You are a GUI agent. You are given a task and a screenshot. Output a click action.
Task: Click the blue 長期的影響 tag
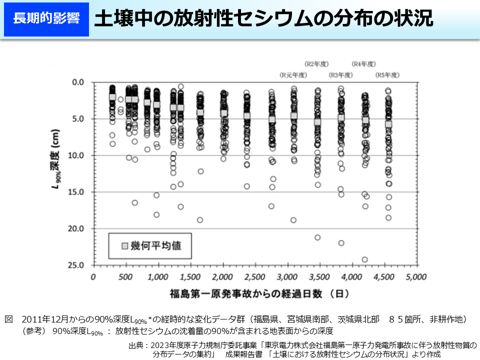coord(46,19)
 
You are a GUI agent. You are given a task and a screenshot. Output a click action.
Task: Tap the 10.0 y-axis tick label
coord(77,155)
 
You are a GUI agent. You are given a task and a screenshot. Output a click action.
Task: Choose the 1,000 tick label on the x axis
coord(158,276)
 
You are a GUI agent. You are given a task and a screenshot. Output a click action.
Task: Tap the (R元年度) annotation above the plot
coord(292,75)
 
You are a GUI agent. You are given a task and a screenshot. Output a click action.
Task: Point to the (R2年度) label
coord(316,63)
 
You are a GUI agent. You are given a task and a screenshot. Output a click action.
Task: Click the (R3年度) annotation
coord(340,75)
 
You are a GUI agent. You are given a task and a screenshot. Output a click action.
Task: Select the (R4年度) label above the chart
coord(363,63)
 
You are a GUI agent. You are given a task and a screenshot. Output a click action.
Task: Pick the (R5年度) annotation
coord(387,75)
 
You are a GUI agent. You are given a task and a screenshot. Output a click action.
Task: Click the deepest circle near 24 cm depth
coord(364,259)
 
